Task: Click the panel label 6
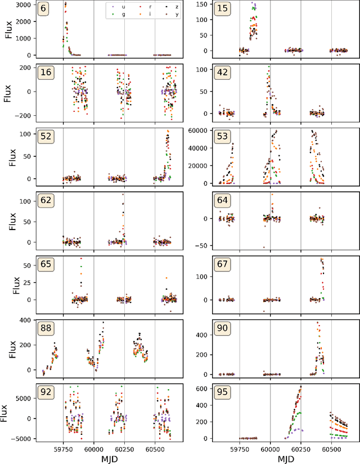[x=42, y=10]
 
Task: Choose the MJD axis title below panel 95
[x=286, y=458]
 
